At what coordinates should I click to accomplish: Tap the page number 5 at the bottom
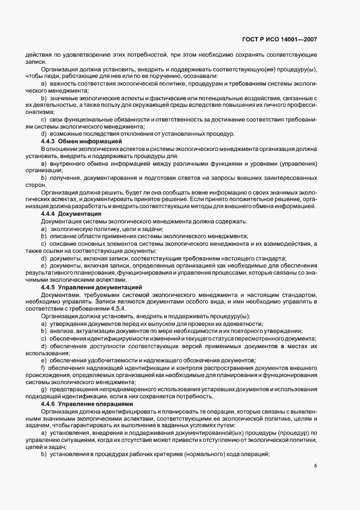(x=315, y=466)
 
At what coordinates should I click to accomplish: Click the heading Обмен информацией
(x=89, y=141)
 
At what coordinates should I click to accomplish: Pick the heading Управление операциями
(x=96, y=405)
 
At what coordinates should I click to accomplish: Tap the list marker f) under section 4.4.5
(x=44, y=368)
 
